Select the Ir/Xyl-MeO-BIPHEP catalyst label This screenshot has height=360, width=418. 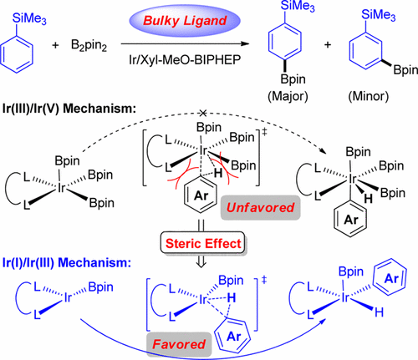click(x=201, y=57)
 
